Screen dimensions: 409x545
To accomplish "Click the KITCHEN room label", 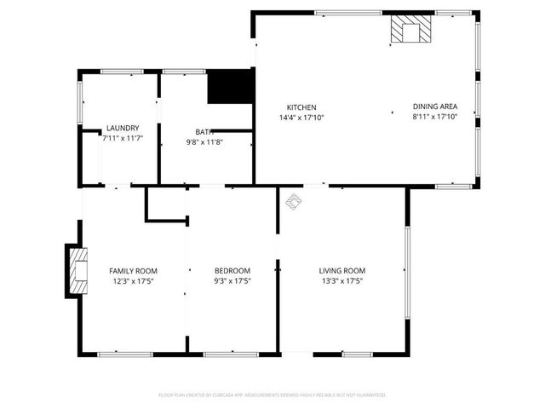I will [x=301, y=107].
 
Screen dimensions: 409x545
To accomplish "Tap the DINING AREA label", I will [x=434, y=107].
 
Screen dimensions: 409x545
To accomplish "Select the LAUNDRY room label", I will [x=123, y=128].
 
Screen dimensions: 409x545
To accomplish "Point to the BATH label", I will [x=204, y=132].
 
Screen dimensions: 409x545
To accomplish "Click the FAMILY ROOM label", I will [x=133, y=270].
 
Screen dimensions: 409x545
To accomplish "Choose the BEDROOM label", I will [x=232, y=270].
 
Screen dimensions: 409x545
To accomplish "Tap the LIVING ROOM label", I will [x=342, y=270].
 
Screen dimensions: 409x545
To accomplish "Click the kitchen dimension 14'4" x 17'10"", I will [x=301, y=117].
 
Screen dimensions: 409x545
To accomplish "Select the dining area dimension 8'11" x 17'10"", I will [x=434, y=117].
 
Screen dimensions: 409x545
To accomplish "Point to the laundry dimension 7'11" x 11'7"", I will [x=123, y=137].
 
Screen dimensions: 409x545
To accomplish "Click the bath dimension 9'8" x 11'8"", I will [x=204, y=141].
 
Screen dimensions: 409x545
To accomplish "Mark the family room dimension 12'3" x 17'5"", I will [x=133, y=280].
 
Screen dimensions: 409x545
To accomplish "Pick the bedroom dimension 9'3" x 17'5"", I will [x=232, y=280].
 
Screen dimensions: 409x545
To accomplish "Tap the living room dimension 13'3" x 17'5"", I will [x=342, y=280].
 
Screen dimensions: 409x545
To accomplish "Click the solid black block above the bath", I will [x=230, y=86].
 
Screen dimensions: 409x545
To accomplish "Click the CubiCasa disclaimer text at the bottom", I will [x=272, y=395].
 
